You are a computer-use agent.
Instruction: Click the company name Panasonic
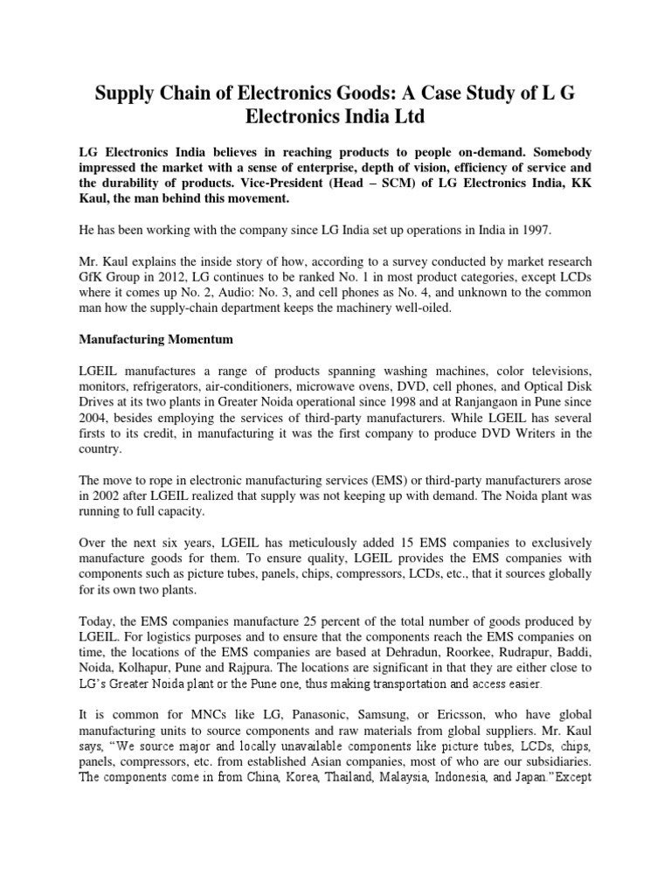coord(275,717)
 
